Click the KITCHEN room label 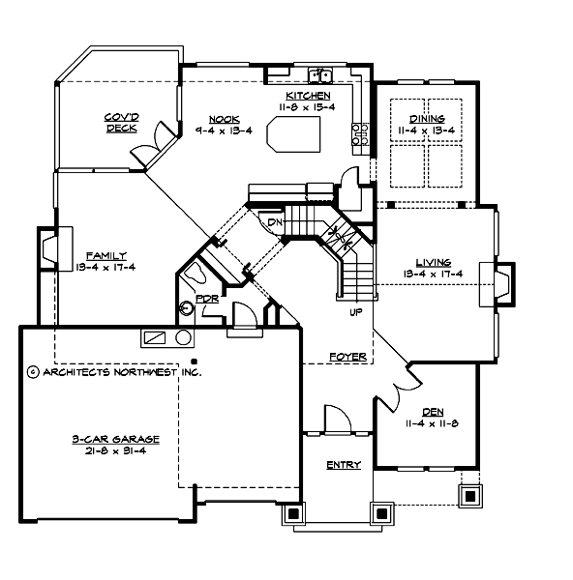[308, 96]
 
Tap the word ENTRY [343, 465]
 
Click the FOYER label [347, 357]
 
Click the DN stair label [276, 222]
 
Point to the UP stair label [355, 312]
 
